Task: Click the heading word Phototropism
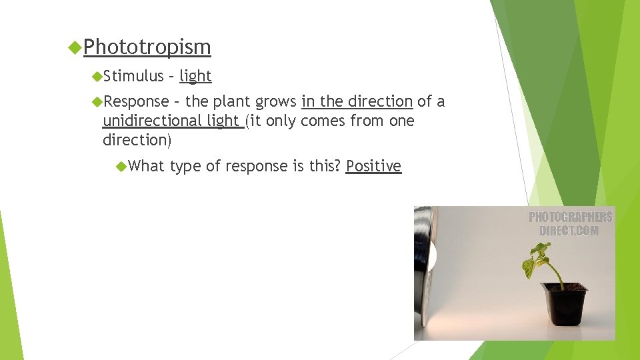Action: (147, 47)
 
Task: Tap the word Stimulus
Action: (133, 77)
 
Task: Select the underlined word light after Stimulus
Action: (195, 77)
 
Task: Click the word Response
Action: (137, 101)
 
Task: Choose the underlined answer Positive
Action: (373, 166)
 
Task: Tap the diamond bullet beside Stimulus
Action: (98, 77)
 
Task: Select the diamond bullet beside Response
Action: (98, 101)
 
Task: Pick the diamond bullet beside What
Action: (121, 166)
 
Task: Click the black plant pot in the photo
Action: (565, 305)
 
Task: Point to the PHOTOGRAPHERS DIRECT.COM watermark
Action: (570, 224)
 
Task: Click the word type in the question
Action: (185, 167)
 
